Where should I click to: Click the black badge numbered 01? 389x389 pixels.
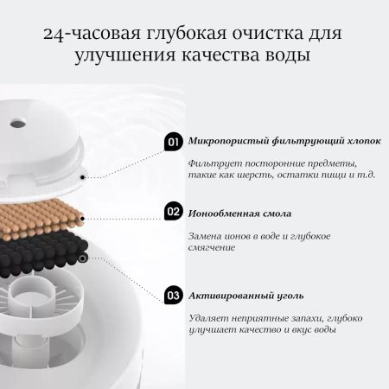coord(173,141)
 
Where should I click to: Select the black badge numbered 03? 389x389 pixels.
coord(173,294)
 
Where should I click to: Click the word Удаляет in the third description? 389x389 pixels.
coord(209,317)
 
